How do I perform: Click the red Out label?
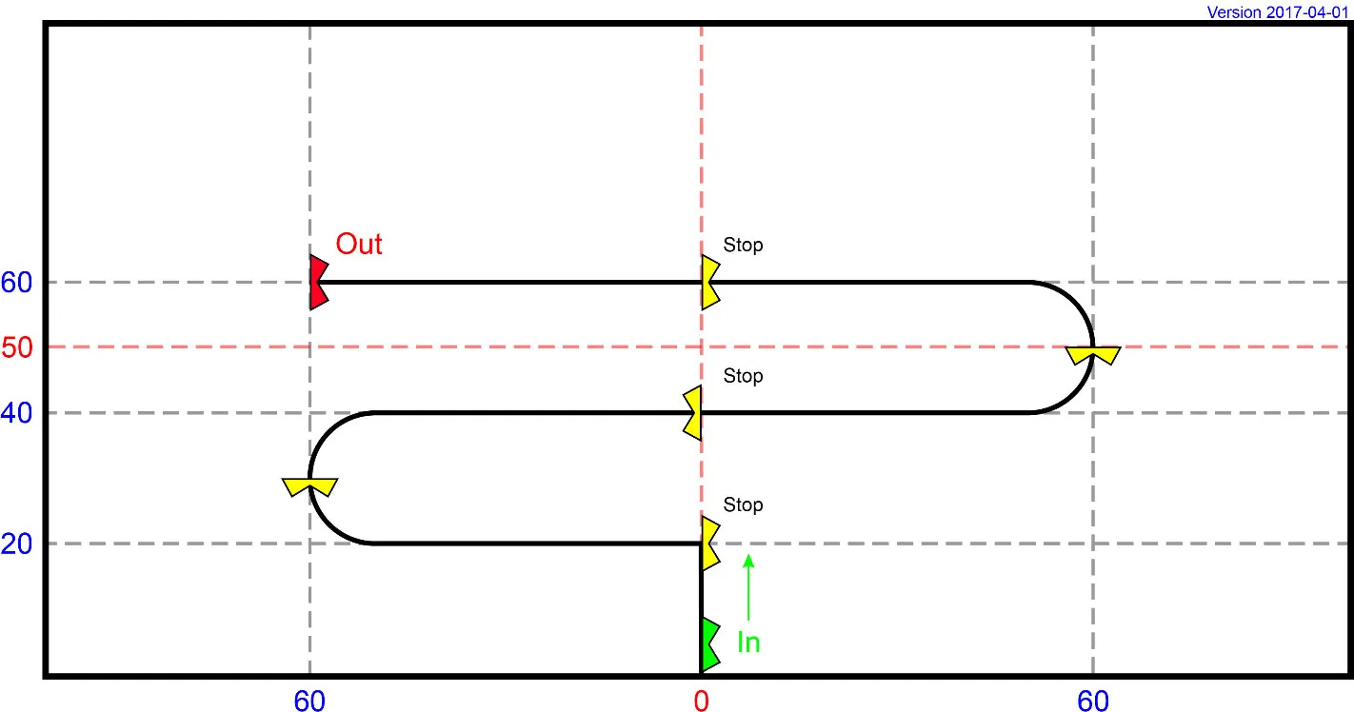(358, 245)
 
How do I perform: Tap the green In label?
(748, 643)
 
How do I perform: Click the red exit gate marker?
(318, 283)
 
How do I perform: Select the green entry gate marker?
(709, 645)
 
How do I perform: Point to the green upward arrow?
(748, 587)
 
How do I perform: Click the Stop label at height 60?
(743, 246)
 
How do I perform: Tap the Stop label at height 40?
(743, 376)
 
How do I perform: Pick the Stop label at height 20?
(743, 504)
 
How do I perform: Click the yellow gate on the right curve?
(1093, 354)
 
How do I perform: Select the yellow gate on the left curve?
(310, 486)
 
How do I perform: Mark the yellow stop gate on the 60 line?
(709, 283)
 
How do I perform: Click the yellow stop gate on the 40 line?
(693, 413)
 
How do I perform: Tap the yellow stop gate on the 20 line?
(709, 544)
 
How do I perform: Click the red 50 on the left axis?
(16, 348)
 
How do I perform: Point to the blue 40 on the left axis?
(16, 413)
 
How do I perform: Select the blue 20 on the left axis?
(16, 544)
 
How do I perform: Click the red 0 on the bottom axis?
(701, 702)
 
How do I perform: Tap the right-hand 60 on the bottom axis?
(1093, 702)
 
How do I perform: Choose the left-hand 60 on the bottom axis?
(309, 702)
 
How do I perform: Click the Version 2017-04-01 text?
(1278, 12)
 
